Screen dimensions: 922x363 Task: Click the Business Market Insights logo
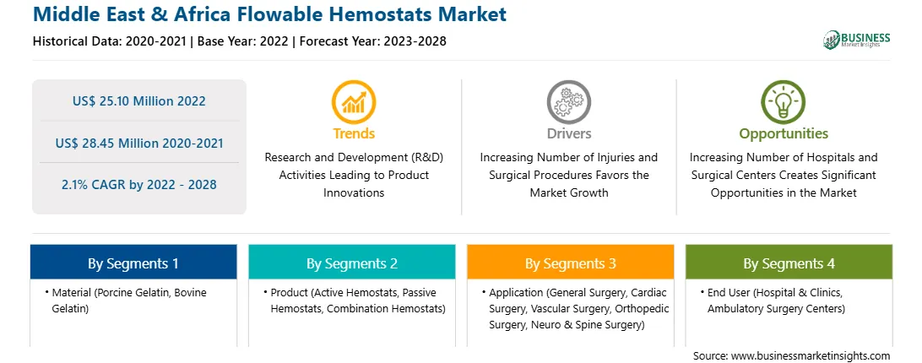(856, 40)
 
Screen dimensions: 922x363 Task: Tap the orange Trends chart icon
(354, 102)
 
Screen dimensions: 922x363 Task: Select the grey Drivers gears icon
(568, 102)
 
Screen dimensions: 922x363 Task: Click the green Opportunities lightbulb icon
(784, 102)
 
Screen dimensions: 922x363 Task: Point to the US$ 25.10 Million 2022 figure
(139, 101)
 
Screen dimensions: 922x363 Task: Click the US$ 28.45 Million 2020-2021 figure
(139, 143)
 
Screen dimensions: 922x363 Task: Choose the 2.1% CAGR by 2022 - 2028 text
(139, 185)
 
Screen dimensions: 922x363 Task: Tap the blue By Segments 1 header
(133, 263)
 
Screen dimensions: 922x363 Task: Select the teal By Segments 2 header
(351, 263)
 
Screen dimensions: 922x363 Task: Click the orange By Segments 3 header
(571, 263)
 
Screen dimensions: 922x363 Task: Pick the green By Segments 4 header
(789, 263)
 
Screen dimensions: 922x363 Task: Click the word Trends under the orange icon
(354, 133)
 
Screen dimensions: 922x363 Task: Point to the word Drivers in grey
(568, 133)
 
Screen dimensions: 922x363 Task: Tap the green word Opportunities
(784, 134)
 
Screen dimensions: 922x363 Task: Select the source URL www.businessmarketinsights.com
(811, 356)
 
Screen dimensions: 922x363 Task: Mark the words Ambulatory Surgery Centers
(776, 309)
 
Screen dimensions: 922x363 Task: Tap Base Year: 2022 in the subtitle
(243, 41)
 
